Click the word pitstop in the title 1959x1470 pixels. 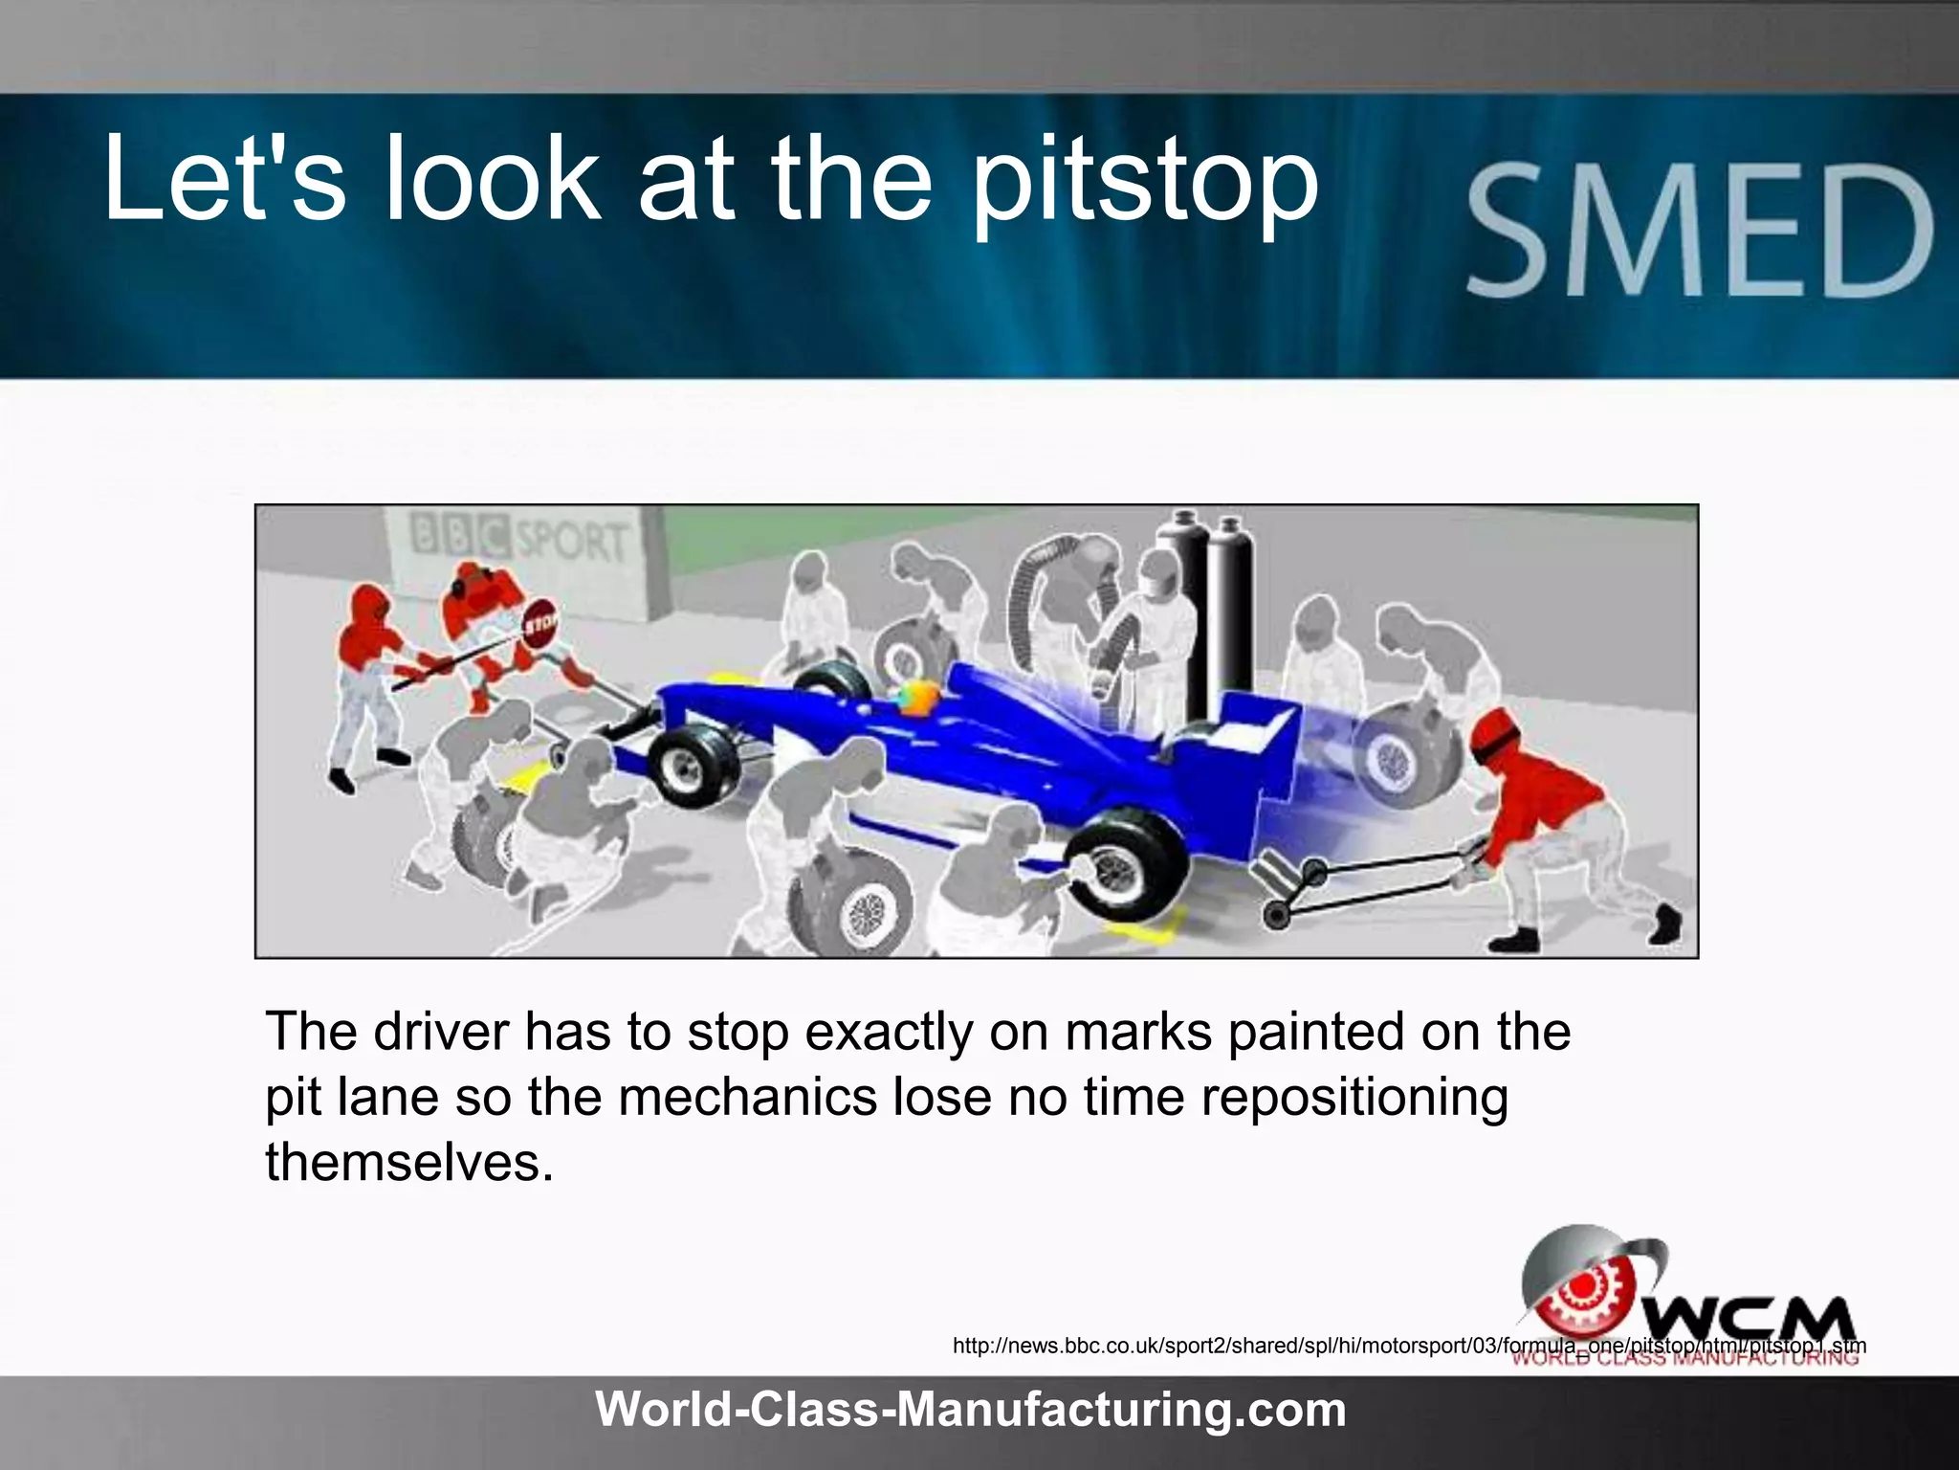[x=1145, y=182]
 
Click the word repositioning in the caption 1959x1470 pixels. [x=1354, y=1098]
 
